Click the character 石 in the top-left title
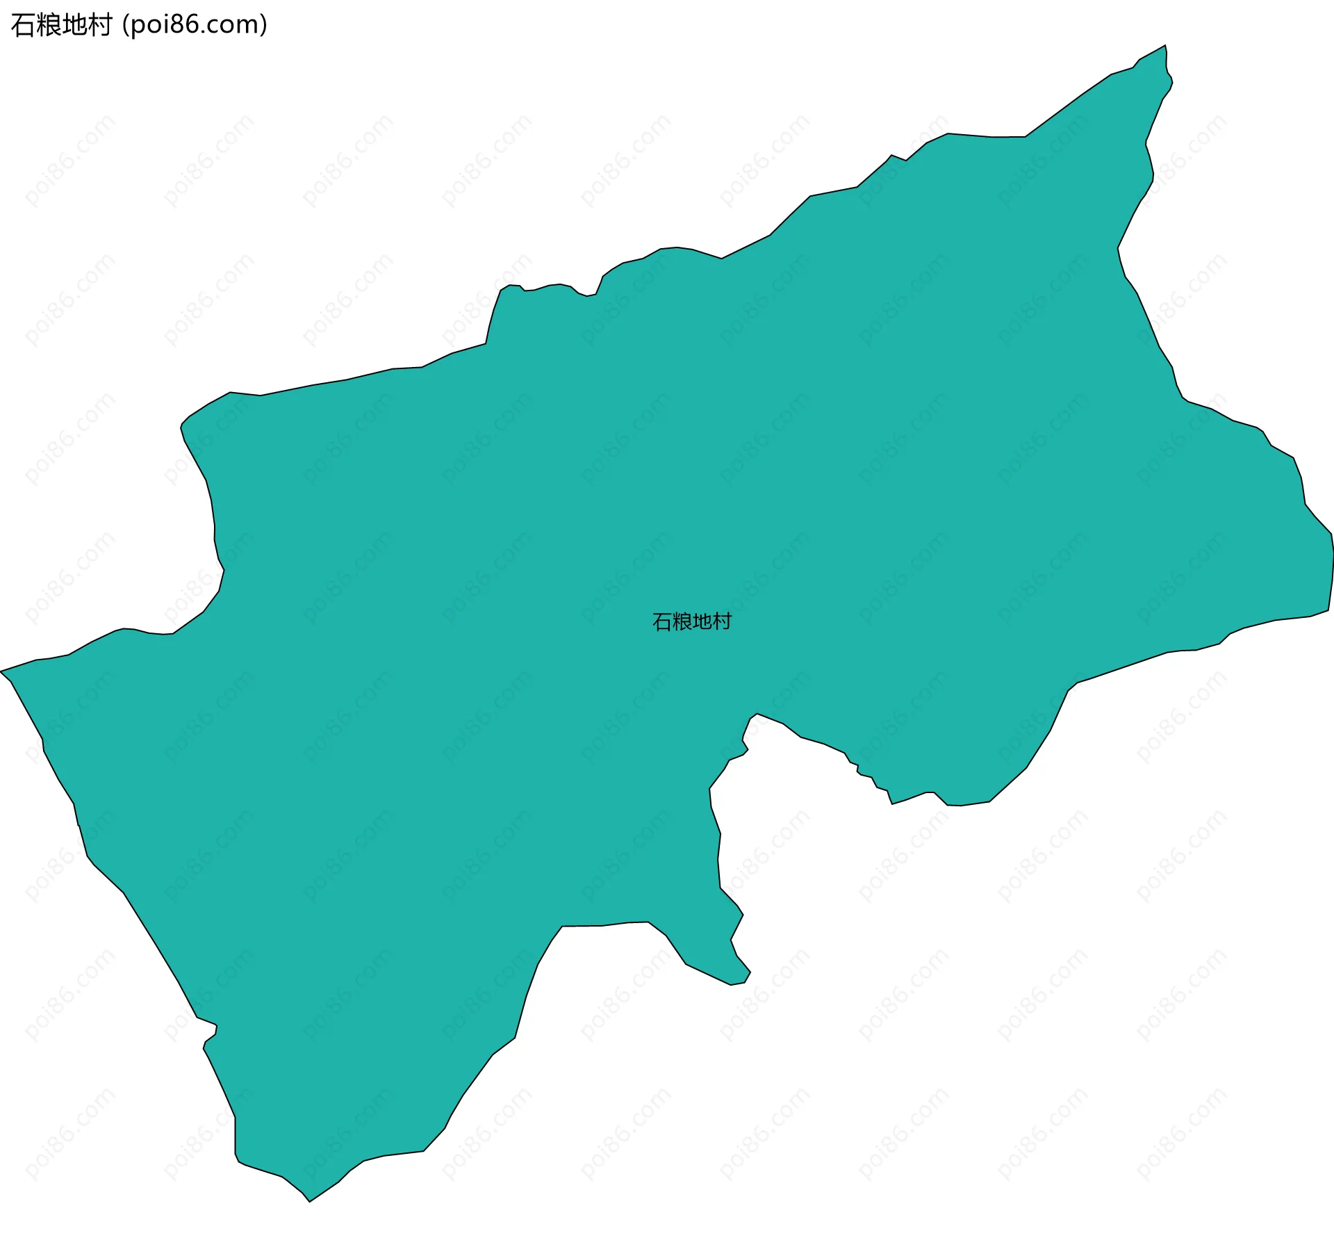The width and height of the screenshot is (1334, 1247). click(23, 26)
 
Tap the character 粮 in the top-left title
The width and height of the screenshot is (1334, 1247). click(49, 26)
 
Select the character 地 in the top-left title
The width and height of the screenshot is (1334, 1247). click(74, 26)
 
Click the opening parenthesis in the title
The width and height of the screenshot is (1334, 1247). click(125, 26)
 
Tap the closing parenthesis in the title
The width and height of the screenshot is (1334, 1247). click(264, 26)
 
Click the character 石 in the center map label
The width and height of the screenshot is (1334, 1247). click(662, 622)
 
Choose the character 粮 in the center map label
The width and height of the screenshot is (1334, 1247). click(682, 622)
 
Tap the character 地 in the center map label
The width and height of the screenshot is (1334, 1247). click(702, 622)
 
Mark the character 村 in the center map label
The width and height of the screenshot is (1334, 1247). click(723, 622)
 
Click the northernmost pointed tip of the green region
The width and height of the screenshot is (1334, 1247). click(1165, 47)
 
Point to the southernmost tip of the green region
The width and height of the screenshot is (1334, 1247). click(310, 1200)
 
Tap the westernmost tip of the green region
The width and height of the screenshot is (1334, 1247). click(2, 671)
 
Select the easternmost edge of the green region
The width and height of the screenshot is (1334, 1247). click(1332, 556)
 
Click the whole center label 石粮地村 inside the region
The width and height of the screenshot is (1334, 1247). click(692, 622)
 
